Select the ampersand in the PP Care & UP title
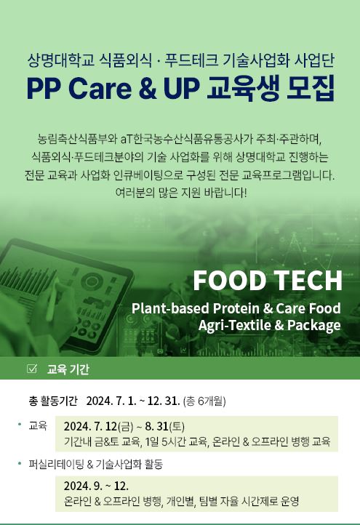coord(148,89)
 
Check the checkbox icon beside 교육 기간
coord(32,369)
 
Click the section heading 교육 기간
coord(68,369)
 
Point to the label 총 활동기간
coord(53,401)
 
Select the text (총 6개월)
coord(204,401)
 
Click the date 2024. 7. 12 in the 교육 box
coord(90,426)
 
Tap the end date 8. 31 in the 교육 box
coord(156,426)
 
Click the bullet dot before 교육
coord(20,425)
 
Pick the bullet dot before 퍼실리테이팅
coord(20,463)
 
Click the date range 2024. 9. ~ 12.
coord(96,486)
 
